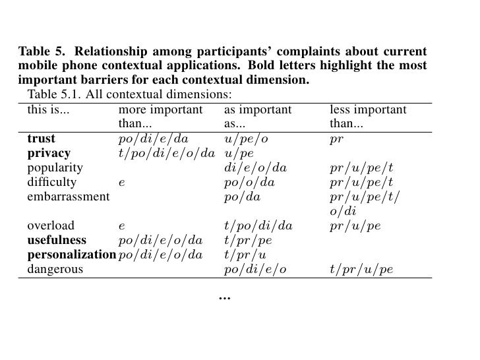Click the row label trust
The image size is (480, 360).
coord(41,139)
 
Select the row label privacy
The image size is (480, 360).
coord(49,154)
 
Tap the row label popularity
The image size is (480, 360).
coord(55,168)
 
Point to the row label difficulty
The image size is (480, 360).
coord(51,182)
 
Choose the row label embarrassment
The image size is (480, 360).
coord(67,196)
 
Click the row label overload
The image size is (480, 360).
coord(51,225)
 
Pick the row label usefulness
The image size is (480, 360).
coord(57,240)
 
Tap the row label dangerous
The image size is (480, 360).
coord(55,268)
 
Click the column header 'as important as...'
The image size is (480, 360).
coord(257,116)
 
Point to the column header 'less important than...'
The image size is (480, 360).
coord(367,116)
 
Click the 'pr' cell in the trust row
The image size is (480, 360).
coord(336,139)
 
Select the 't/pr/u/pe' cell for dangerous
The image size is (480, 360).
coord(361,268)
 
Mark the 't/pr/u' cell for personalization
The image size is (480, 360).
coord(245,255)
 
